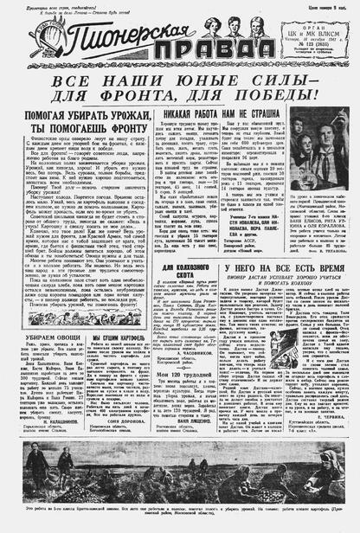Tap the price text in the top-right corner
pos(331,6)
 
